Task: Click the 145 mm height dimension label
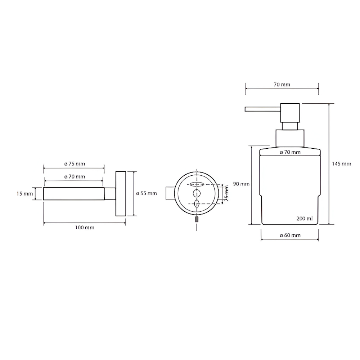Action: [341, 164]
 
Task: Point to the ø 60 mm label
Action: [290, 235]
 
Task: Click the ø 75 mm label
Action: [75, 164]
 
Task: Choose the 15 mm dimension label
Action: [24, 194]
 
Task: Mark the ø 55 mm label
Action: [147, 193]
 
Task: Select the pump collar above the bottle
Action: [290, 138]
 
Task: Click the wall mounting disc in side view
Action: [121, 194]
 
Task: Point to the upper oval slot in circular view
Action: [197, 184]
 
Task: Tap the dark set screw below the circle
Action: [197, 219]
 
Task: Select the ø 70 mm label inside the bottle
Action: [290, 152]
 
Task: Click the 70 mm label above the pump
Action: [282, 85]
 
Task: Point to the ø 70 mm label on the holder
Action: [75, 176]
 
